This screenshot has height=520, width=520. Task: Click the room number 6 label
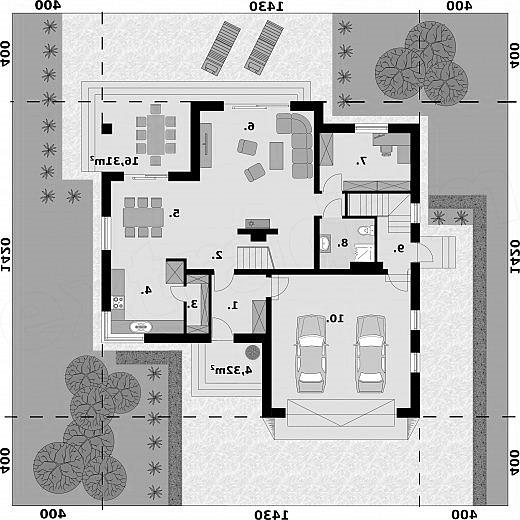pyautogui.click(x=250, y=126)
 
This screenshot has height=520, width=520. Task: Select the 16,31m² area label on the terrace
pyautogui.click(x=114, y=161)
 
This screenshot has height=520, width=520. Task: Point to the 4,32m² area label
pyautogui.click(x=231, y=369)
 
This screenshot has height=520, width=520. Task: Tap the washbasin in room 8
pyautogui.click(x=325, y=242)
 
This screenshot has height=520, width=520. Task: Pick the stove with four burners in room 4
pyautogui.click(x=118, y=302)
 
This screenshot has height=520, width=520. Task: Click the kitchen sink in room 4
pyautogui.click(x=140, y=327)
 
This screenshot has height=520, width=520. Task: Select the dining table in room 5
pyautogui.click(x=143, y=217)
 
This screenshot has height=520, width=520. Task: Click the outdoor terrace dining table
pyautogui.click(x=156, y=134)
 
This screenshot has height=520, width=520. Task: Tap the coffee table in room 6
pyautogui.click(x=276, y=156)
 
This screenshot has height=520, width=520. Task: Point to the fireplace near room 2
pyautogui.click(x=257, y=229)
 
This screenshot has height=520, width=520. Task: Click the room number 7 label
pyautogui.click(x=362, y=161)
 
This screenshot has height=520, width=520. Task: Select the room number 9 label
pyautogui.click(x=399, y=248)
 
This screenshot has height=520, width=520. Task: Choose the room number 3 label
pyautogui.click(x=193, y=304)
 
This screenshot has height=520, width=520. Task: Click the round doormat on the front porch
pyautogui.click(x=253, y=352)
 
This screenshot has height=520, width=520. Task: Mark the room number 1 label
pyautogui.click(x=233, y=305)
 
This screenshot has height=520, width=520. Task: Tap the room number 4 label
pyautogui.click(x=146, y=290)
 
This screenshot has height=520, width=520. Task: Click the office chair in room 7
pyautogui.click(x=386, y=149)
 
